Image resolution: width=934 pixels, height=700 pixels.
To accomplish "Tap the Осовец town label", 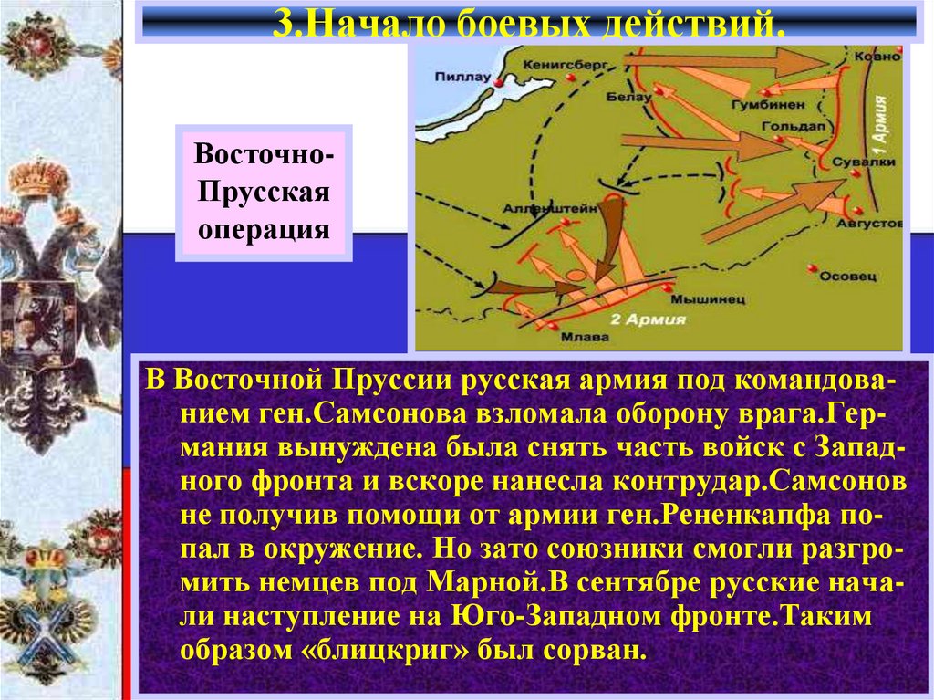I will coord(847,275).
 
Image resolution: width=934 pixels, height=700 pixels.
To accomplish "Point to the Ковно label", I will coord(876,57).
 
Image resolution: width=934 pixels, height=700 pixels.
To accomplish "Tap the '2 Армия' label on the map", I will coord(633,319).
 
